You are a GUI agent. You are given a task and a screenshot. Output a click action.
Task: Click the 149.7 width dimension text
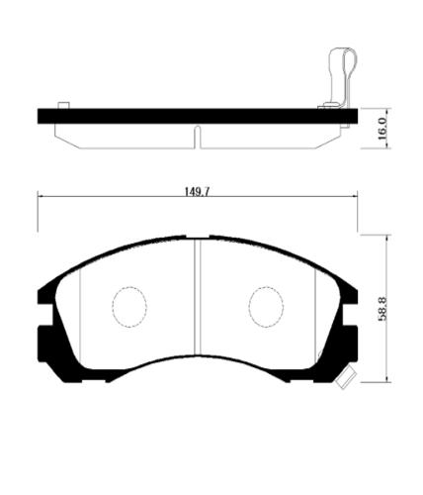197,191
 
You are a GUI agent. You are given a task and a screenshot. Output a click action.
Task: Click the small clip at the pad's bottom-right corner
345,377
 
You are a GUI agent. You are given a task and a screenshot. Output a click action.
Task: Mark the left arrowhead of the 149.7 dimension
41,198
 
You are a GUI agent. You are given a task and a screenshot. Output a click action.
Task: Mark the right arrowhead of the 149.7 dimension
355,198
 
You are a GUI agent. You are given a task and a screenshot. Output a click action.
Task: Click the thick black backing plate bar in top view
197,116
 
